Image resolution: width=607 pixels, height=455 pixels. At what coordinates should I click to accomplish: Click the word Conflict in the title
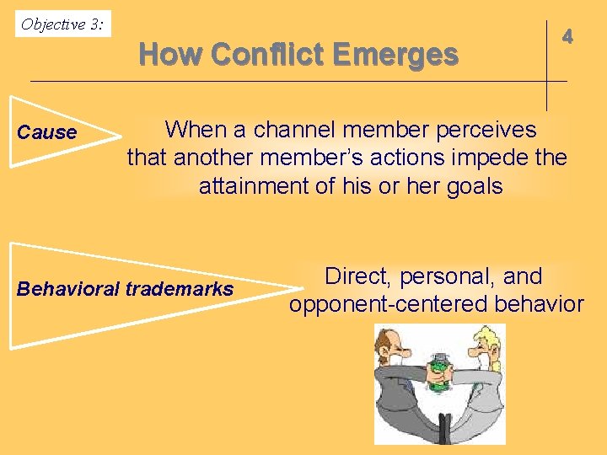click(x=268, y=55)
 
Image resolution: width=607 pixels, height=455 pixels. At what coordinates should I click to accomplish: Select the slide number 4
click(x=568, y=36)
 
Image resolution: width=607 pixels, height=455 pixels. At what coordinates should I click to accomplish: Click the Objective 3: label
click(x=62, y=24)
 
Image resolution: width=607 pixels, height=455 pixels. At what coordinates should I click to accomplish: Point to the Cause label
click(x=47, y=132)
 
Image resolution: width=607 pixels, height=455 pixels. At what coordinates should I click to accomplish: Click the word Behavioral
click(x=68, y=289)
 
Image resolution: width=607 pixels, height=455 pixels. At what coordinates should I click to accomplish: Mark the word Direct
click(x=359, y=276)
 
